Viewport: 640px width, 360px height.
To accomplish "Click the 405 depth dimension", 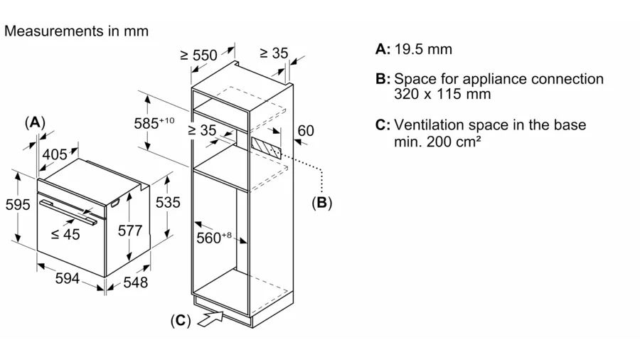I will tap(55, 154).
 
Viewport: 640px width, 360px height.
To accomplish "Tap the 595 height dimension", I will tap(17, 205).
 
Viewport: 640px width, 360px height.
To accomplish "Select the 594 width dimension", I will tap(67, 280).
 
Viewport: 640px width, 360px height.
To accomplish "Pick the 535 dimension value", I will tap(168, 202).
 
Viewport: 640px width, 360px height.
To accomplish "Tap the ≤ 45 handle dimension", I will tap(66, 234).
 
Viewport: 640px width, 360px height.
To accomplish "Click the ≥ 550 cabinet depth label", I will tap(198, 55).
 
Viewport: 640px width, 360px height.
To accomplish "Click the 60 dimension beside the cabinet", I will tap(305, 131).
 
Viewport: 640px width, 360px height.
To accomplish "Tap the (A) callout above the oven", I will tap(34, 122).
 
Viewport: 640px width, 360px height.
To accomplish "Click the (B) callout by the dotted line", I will tap(321, 203).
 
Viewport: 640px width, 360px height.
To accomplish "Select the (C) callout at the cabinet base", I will tap(181, 321).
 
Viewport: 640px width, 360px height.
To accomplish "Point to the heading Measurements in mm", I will tap(77, 31).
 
